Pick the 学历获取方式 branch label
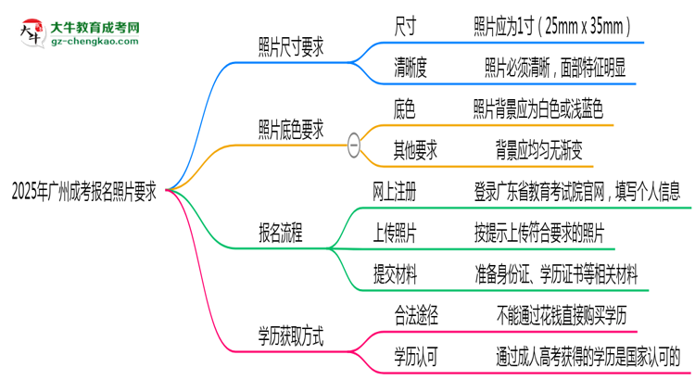pyautogui.click(x=291, y=334)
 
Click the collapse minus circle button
pyautogui.click(x=353, y=143)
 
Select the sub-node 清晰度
pyautogui.click(x=411, y=67)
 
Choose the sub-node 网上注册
pyautogui.click(x=394, y=192)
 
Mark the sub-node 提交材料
pyautogui.click(x=394, y=273)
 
